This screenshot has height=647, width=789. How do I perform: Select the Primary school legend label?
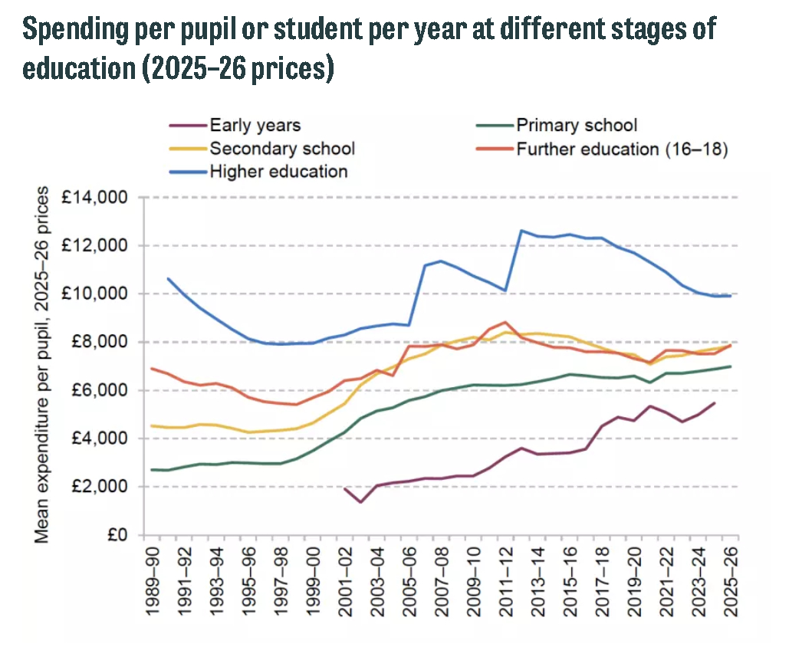pyautogui.click(x=577, y=125)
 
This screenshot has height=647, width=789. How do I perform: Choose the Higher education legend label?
pyautogui.click(x=278, y=171)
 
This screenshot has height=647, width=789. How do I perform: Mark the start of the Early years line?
pyautogui.click(x=345, y=488)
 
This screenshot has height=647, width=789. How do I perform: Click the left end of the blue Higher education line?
pyautogui.click(x=168, y=278)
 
